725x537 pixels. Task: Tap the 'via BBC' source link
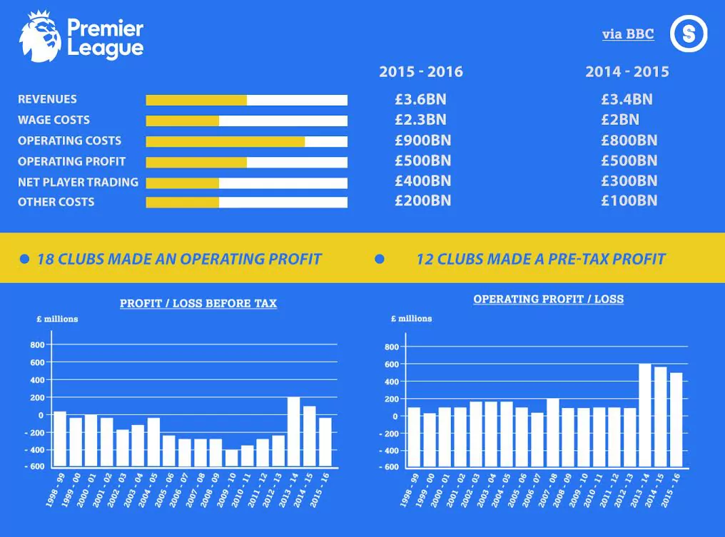click(x=628, y=34)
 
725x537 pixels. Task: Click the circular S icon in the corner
click(x=689, y=34)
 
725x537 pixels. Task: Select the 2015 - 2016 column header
click(x=420, y=72)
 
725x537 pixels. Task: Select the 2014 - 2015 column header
click(x=627, y=72)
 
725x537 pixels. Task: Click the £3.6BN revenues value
click(x=420, y=100)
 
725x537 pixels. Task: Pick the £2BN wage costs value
click(x=619, y=120)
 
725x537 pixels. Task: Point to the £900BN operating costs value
click(x=422, y=140)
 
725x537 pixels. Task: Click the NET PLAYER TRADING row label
click(x=78, y=182)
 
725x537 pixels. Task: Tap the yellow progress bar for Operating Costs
click(x=225, y=141)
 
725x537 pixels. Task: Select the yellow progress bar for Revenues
click(x=196, y=100)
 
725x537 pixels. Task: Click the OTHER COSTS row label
click(x=56, y=202)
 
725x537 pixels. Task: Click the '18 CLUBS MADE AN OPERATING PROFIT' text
click(x=179, y=259)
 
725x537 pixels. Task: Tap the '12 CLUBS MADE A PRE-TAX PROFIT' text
click(x=540, y=259)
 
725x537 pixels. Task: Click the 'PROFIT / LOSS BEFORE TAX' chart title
click(x=198, y=304)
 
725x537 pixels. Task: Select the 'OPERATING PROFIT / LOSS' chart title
click(x=548, y=300)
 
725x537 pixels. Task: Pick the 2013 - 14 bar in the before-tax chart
click(x=293, y=431)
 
